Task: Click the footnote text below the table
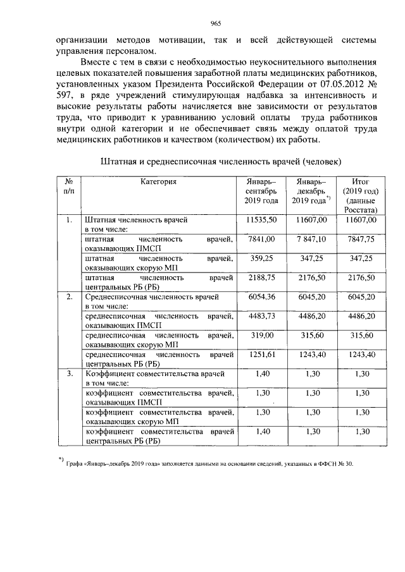209,464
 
